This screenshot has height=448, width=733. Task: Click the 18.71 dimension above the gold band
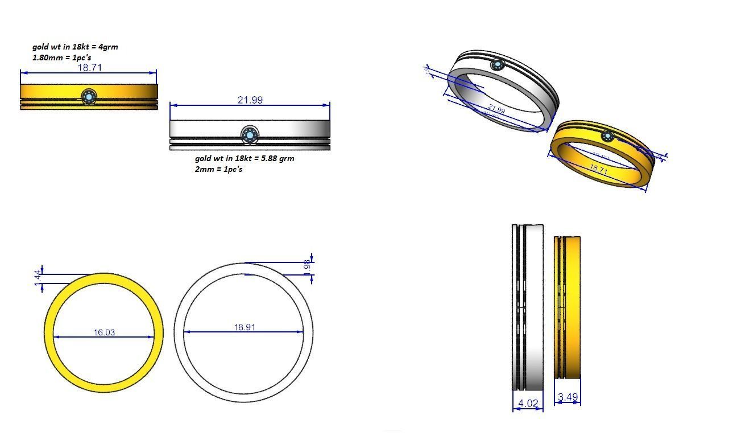coord(89,68)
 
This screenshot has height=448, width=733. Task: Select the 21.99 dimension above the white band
coord(250,100)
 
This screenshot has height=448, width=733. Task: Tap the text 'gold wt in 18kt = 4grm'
coord(75,47)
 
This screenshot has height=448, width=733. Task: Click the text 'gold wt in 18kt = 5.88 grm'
coord(245,158)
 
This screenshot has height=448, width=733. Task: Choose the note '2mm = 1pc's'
coord(218,169)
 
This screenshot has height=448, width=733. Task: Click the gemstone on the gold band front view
coord(88,97)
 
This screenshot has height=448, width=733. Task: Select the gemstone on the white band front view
coord(249,135)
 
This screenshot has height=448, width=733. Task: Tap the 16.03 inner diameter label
coord(103,332)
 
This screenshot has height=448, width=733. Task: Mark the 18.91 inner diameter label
coord(244,327)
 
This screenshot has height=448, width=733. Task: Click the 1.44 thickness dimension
coord(38,278)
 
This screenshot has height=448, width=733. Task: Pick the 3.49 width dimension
coord(568,397)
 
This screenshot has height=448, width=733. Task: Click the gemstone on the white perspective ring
coord(498,65)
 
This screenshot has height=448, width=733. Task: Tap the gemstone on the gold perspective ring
coord(608,136)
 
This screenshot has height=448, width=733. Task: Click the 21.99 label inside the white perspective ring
coord(496,109)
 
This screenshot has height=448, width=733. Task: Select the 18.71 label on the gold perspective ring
coord(598,169)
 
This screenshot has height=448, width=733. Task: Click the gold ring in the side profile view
coord(567,307)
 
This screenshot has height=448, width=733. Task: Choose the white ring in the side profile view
coord(528,307)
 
